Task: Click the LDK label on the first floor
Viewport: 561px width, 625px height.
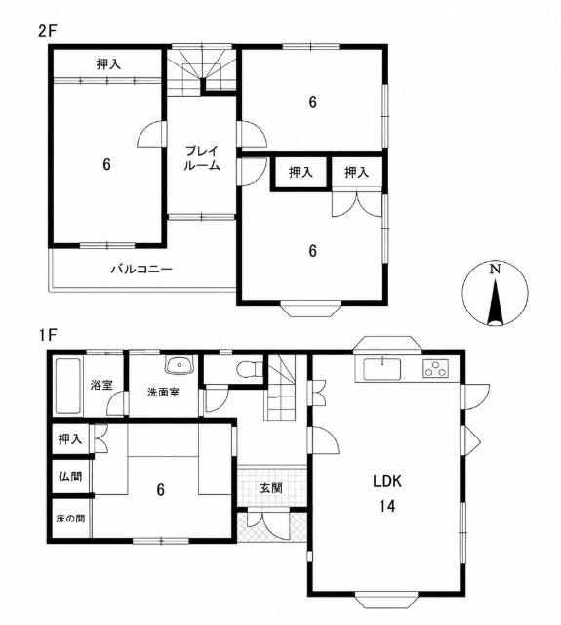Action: [387, 481]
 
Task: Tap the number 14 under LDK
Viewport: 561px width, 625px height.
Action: [387, 506]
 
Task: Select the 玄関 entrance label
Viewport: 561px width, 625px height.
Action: [271, 488]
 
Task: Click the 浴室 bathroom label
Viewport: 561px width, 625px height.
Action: [101, 385]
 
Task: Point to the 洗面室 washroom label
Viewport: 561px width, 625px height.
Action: [163, 393]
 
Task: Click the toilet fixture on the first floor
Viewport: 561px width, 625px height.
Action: [249, 369]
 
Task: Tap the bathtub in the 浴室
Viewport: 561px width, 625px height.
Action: [68, 387]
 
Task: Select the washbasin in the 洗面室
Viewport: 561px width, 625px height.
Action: [180, 365]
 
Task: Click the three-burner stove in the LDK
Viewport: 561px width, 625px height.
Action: [435, 368]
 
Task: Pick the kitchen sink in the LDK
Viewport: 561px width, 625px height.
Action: [382, 369]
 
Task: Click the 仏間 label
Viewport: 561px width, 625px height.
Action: [70, 477]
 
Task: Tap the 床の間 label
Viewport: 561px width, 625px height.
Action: [70, 519]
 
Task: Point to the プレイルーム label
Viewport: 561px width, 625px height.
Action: [201, 158]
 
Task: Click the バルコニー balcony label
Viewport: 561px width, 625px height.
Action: [141, 270]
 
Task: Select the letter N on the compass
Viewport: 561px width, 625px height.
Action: [495, 270]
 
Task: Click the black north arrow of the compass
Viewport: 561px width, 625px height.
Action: [495, 302]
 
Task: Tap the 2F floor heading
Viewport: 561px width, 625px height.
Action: [48, 31]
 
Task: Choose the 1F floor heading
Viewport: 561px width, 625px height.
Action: [47, 335]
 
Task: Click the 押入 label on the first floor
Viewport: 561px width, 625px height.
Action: [70, 439]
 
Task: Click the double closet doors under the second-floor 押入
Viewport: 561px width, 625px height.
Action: [357, 203]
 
